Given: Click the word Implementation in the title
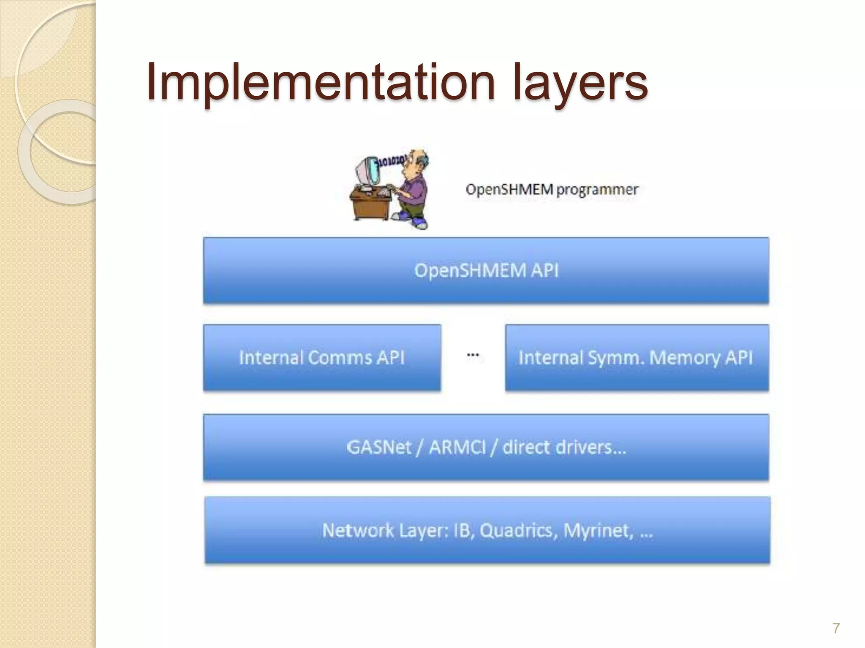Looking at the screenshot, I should click(x=321, y=82).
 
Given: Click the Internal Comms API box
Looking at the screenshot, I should click(x=322, y=358).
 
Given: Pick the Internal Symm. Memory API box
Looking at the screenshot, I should click(x=636, y=358).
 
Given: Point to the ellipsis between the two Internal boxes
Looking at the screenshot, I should click(x=473, y=355).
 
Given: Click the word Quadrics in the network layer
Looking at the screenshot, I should click(x=516, y=530).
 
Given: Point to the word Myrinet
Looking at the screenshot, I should click(x=598, y=530).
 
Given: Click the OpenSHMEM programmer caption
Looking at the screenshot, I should click(x=552, y=190).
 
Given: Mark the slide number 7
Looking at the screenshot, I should click(x=836, y=628).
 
